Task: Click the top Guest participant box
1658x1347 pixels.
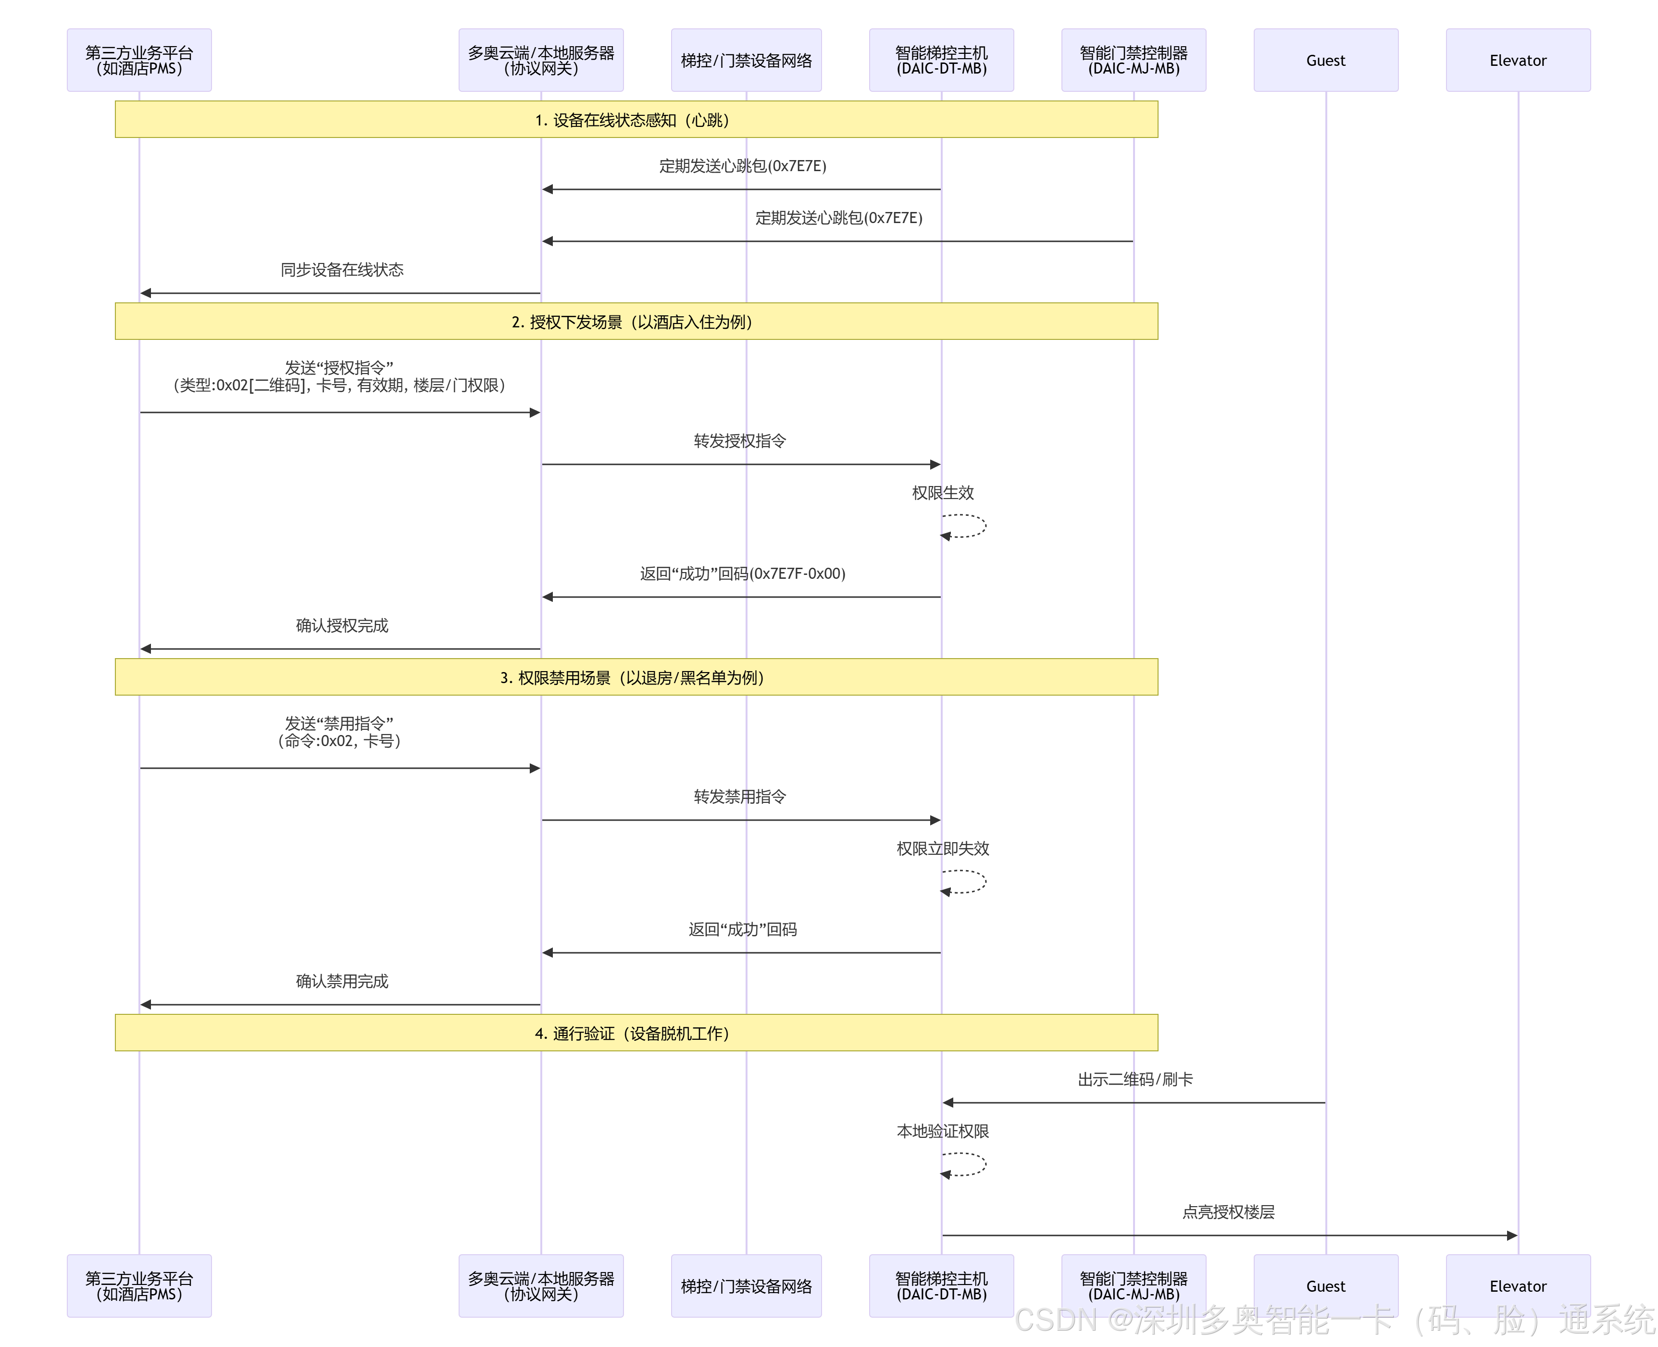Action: (1325, 61)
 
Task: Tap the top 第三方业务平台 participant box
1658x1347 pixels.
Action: (139, 61)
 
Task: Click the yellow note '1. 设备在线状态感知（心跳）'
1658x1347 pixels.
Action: (636, 120)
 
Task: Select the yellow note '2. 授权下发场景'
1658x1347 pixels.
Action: (636, 321)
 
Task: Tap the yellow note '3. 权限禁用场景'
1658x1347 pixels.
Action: (636, 677)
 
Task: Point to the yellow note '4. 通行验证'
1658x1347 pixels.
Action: (636, 1033)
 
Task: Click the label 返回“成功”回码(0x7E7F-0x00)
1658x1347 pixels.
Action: (743, 574)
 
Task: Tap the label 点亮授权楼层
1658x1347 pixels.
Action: (1228, 1212)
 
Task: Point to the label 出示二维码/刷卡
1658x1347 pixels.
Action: (1135, 1079)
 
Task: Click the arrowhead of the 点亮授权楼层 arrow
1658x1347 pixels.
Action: (1511, 1235)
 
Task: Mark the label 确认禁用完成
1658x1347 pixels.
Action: (342, 982)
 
